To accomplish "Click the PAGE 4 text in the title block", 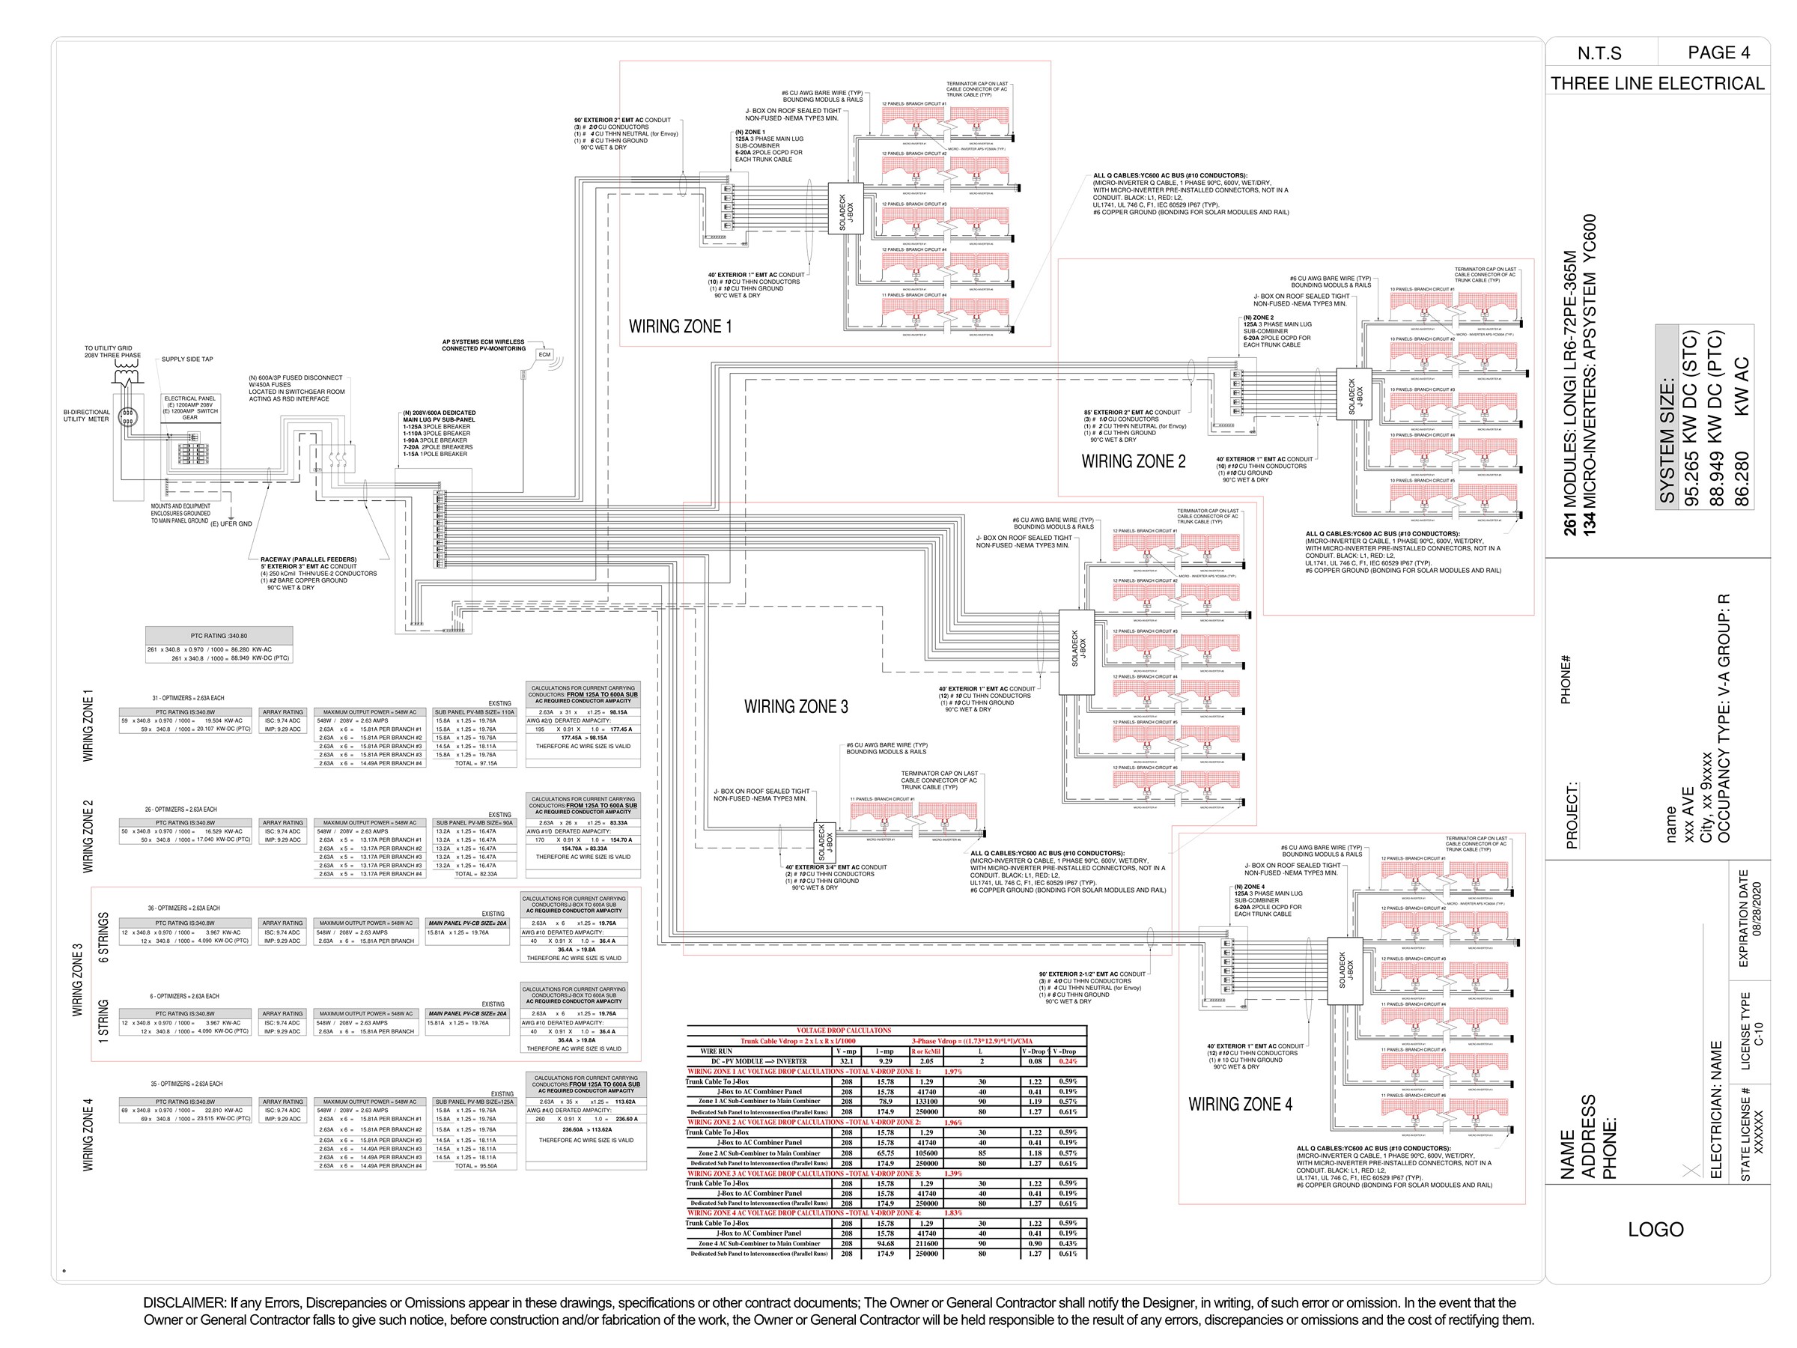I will coord(1718,53).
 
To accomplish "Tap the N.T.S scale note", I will coord(1599,54).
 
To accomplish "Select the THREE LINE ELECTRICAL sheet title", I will coord(1657,84).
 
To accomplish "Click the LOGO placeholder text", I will coord(1655,1230).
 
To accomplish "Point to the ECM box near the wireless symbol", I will coord(544,354).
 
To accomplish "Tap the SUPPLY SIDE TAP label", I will coord(187,359).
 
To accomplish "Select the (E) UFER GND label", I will coord(231,524).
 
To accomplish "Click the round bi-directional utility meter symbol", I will coord(127,417).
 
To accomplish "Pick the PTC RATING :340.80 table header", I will coord(219,635).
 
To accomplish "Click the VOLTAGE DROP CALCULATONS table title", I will coord(843,1030).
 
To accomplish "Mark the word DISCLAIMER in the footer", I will coord(183,1303).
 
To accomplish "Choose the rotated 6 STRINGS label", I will coord(103,938).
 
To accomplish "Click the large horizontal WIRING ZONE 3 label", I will coord(795,707).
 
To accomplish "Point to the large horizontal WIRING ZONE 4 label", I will coord(1240,1105).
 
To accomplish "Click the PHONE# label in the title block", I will coord(1566,679).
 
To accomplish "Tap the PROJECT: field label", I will coord(1572,816).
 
